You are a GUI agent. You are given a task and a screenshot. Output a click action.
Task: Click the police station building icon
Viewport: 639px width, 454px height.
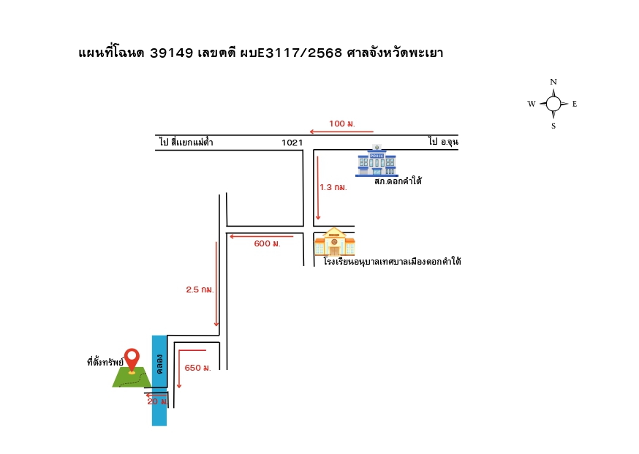tap(377, 161)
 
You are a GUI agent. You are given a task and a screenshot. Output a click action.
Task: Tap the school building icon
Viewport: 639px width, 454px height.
tap(335, 242)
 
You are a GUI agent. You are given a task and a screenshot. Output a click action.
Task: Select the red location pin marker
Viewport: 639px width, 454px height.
tap(132, 360)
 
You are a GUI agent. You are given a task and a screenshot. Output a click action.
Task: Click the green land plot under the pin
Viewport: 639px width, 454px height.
tap(132, 377)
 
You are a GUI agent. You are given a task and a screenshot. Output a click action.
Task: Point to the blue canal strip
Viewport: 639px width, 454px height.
tap(159, 381)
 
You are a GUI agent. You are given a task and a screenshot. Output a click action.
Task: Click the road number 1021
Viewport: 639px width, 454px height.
tap(292, 143)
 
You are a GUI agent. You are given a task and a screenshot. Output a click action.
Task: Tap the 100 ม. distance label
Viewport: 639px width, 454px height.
tap(342, 124)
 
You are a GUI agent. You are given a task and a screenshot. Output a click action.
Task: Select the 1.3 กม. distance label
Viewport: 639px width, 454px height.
tap(333, 187)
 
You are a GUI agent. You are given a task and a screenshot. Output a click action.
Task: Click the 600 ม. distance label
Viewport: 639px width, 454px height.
tap(268, 243)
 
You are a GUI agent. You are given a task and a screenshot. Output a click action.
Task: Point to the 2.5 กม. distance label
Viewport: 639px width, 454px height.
tap(200, 290)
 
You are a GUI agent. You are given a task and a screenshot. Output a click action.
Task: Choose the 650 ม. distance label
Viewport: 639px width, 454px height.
tap(197, 368)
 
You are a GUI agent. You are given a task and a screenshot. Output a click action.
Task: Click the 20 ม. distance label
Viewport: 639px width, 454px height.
tap(157, 401)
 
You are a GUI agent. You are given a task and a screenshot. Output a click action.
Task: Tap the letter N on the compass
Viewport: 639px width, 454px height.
tap(553, 82)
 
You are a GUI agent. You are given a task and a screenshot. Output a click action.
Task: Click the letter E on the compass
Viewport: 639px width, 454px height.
tap(575, 104)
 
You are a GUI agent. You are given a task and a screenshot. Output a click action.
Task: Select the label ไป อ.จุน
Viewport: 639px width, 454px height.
tap(443, 141)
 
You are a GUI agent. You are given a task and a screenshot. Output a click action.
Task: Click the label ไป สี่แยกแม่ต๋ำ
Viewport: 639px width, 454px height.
tap(186, 142)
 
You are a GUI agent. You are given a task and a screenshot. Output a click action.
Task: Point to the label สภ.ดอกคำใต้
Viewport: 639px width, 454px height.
tap(398, 181)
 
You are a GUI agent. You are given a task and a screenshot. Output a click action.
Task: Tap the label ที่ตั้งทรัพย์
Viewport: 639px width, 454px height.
tap(105, 361)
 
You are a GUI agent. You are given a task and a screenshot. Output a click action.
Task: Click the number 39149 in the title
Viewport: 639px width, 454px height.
tap(172, 53)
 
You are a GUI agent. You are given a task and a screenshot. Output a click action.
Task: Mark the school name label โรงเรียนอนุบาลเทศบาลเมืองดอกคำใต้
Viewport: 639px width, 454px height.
tap(393, 261)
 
